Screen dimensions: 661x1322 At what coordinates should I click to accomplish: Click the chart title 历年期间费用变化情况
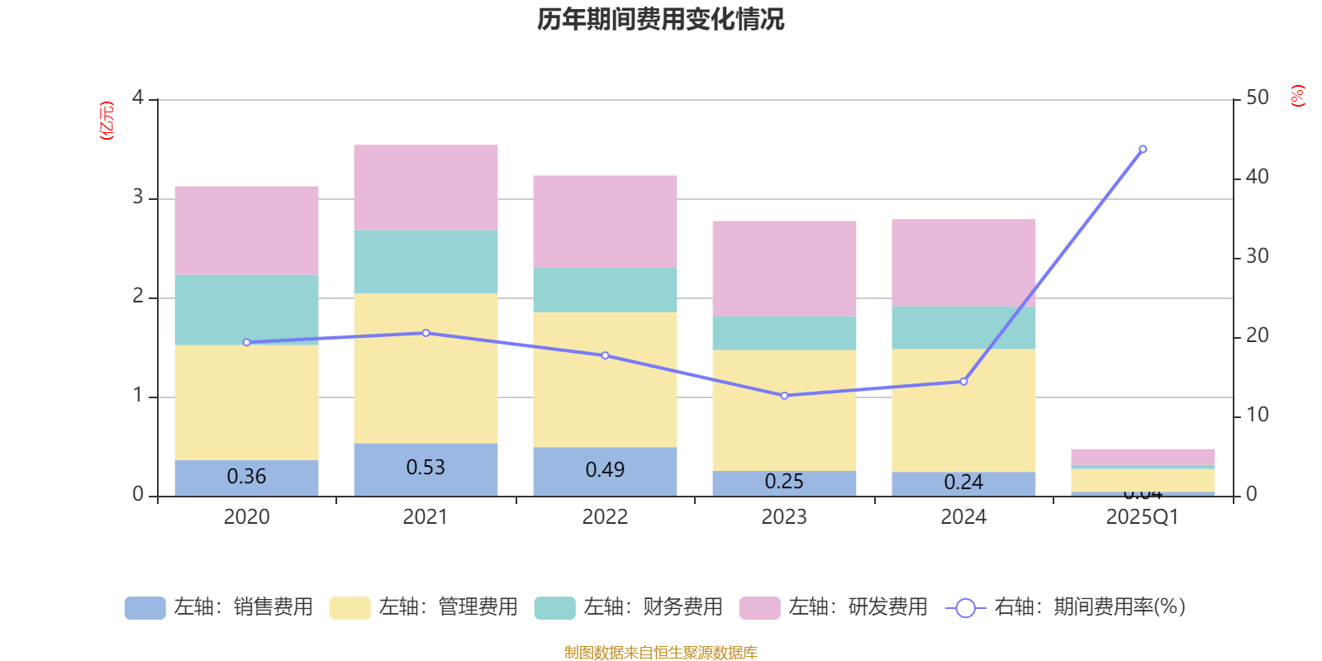click(x=660, y=19)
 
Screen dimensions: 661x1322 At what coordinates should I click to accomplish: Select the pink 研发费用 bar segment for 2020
click(x=246, y=230)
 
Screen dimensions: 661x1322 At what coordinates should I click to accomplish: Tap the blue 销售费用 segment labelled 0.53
click(x=426, y=468)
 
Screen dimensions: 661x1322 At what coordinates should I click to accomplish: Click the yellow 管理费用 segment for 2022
click(x=605, y=379)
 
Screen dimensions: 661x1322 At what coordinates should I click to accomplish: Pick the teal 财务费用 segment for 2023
click(x=784, y=333)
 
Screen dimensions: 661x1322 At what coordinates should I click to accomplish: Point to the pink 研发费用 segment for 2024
click(x=963, y=263)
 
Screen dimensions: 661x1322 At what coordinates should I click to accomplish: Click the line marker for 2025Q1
click(x=1143, y=150)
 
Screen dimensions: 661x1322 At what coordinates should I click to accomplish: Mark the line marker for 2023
click(x=784, y=396)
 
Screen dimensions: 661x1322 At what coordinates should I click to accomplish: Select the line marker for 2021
click(x=426, y=333)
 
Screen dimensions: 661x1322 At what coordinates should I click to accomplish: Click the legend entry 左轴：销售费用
click(x=219, y=607)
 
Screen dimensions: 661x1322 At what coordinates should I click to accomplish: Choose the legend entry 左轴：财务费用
click(x=629, y=607)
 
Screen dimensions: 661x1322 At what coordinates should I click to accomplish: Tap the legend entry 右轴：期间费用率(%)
click(x=1066, y=607)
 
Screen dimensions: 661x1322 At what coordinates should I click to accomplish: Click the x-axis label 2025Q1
click(x=1143, y=517)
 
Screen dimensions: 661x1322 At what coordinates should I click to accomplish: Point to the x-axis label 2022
click(x=605, y=517)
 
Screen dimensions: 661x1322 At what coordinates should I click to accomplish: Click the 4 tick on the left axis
click(x=138, y=98)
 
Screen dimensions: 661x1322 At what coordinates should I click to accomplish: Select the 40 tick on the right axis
click(x=1257, y=177)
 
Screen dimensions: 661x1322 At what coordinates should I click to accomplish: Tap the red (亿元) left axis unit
click(x=106, y=121)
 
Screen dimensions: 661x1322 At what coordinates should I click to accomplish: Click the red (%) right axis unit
click(x=1297, y=96)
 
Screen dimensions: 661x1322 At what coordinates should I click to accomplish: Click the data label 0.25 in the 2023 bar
click(x=784, y=482)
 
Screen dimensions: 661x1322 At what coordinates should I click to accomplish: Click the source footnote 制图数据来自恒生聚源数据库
click(x=660, y=653)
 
